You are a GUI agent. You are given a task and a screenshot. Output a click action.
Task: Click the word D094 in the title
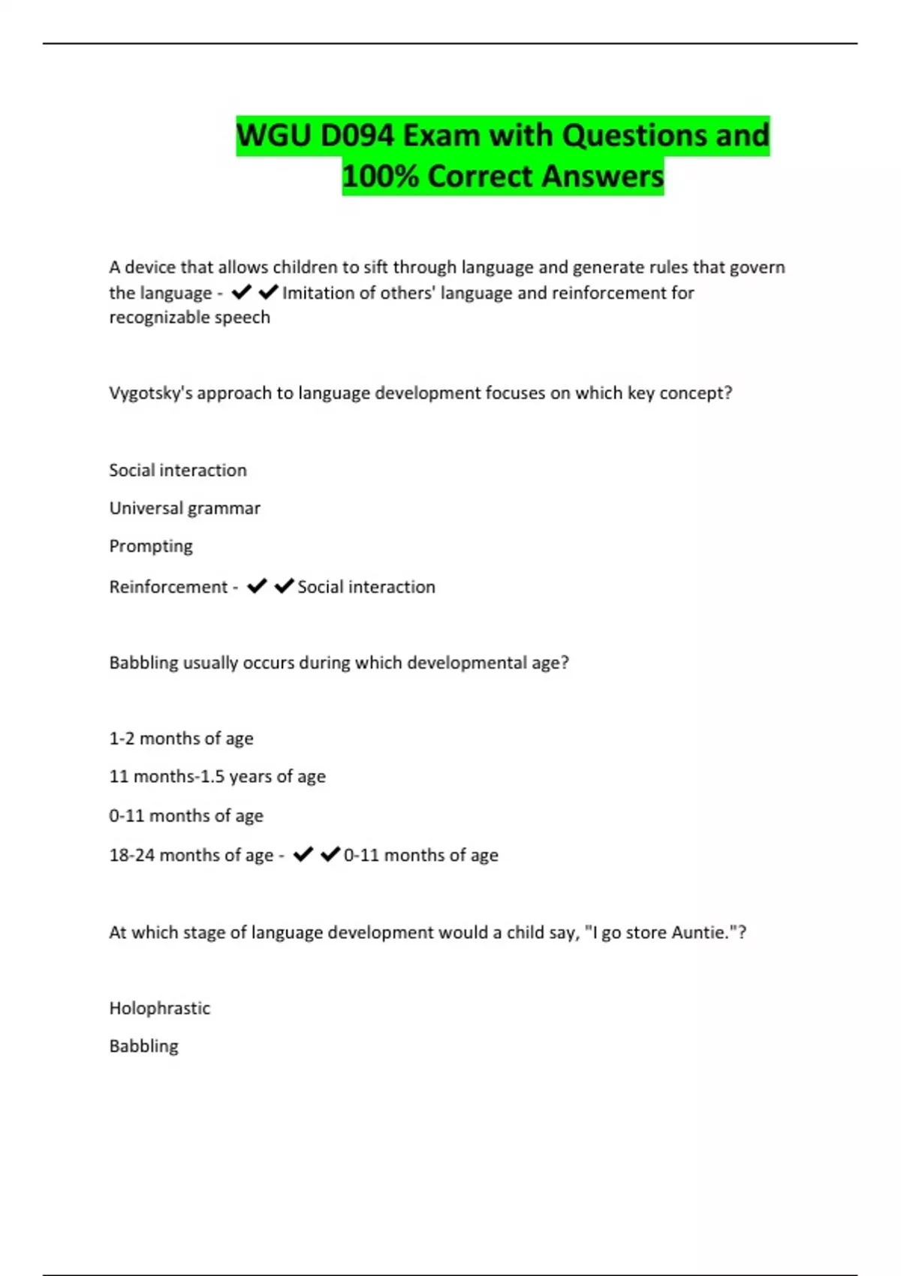click(x=357, y=136)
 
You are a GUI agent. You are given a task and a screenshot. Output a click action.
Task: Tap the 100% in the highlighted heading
click(x=380, y=176)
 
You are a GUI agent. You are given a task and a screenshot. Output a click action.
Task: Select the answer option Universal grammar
click(x=185, y=508)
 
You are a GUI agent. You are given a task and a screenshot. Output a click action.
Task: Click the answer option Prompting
click(x=151, y=546)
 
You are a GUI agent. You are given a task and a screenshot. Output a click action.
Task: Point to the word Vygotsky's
click(x=150, y=393)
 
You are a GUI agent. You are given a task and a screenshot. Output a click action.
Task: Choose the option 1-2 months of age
click(x=181, y=739)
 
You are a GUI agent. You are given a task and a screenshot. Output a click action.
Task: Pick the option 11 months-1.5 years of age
click(x=217, y=776)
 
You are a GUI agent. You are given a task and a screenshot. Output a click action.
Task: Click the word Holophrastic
click(x=159, y=1008)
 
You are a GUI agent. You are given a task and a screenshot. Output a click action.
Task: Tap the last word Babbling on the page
click(x=143, y=1046)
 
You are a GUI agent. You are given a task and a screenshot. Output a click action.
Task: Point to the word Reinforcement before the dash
click(x=168, y=587)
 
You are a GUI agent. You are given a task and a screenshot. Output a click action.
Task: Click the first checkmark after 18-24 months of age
click(x=303, y=854)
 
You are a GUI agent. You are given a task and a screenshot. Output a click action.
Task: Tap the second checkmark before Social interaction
click(x=284, y=586)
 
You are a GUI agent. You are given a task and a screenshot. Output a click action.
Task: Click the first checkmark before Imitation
click(x=241, y=292)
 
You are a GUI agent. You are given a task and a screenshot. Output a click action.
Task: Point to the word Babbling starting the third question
click(x=143, y=663)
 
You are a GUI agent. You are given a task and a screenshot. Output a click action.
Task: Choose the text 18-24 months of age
click(x=191, y=855)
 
